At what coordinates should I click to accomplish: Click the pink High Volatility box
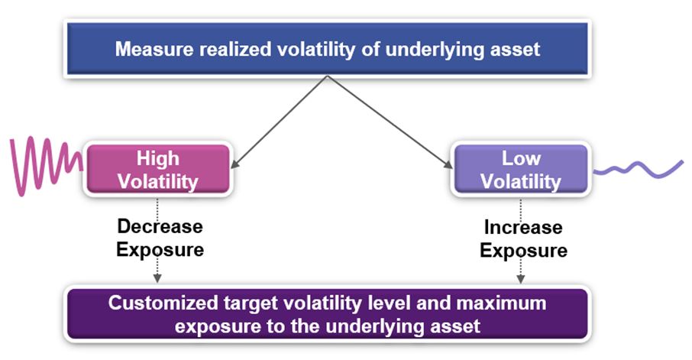[x=158, y=169]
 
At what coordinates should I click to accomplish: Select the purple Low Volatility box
[x=521, y=169]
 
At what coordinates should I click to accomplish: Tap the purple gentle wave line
[x=639, y=169]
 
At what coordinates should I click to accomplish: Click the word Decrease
[x=160, y=226]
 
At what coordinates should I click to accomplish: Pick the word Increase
[x=523, y=227]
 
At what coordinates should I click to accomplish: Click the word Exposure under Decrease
[x=160, y=250]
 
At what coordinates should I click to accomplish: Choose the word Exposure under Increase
[x=523, y=251]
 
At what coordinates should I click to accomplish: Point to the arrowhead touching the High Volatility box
[x=234, y=164]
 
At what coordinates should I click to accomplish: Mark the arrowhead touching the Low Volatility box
[x=448, y=164]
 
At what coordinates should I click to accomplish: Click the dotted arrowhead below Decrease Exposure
[x=157, y=278]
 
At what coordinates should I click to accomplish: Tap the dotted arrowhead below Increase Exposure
[x=521, y=279]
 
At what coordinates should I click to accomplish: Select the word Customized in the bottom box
[x=163, y=303]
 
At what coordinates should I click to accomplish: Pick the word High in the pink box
[x=158, y=158]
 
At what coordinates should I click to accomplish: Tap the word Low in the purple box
[x=521, y=158]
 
